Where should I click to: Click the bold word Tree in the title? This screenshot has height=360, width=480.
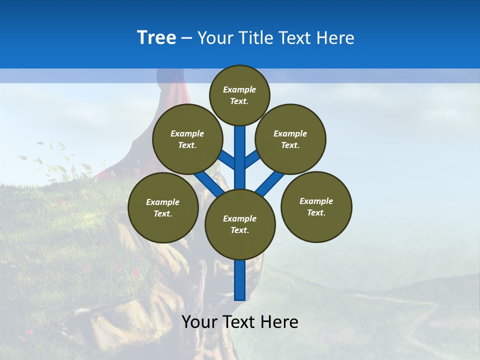[x=156, y=38]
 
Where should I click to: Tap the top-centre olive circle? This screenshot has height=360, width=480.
[x=239, y=95]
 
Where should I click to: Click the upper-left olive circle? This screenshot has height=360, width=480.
[x=187, y=139]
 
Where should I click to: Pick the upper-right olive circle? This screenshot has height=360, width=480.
[x=290, y=139]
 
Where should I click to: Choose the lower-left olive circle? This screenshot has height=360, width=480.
[x=163, y=207]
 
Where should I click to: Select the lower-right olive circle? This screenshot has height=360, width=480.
[x=316, y=206]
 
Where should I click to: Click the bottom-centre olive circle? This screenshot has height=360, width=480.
[x=240, y=224]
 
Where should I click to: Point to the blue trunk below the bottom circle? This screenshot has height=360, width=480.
[x=240, y=280]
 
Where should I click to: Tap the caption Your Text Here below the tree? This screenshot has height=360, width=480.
[x=240, y=322]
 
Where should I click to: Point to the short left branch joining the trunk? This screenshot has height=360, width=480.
[x=227, y=160]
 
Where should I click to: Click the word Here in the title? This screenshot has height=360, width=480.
[x=335, y=38]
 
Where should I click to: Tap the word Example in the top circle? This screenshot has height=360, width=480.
[x=239, y=89]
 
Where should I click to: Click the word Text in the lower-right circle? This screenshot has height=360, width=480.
[x=315, y=212]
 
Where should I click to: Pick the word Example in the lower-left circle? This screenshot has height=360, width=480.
[x=163, y=202]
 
